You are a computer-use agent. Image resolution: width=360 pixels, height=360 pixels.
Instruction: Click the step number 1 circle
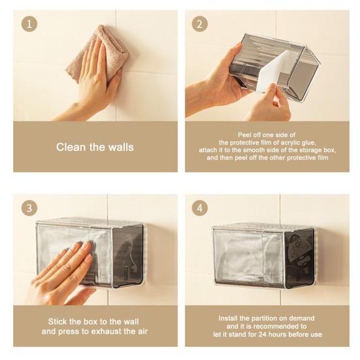coord(29,24)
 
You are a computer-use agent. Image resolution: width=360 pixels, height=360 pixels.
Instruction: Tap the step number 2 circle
coord(200,24)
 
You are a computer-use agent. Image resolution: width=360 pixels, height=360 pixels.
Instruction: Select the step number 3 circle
coord(29,208)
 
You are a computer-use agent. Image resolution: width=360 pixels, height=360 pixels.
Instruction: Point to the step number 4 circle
coord(200,208)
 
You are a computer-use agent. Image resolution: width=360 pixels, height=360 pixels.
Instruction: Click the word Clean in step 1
coord(71,147)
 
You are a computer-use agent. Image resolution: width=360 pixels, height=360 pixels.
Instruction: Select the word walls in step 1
coord(121,147)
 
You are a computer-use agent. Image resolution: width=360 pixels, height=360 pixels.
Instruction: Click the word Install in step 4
coord(228,318)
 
